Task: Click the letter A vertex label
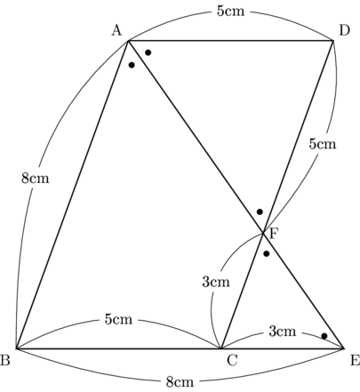[x=116, y=30]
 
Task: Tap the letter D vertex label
[x=344, y=30]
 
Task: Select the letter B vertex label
[x=5, y=360]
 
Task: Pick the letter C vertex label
[x=232, y=360]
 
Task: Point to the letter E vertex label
[x=355, y=360]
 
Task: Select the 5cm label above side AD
[x=231, y=12]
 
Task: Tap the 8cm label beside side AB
[x=36, y=179]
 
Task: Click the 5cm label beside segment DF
[x=323, y=144]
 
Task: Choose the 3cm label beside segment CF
[x=216, y=282]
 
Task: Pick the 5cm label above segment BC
[x=118, y=319]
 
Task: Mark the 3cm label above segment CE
[x=283, y=331]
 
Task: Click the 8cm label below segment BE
[x=180, y=382]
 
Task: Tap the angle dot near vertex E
[x=324, y=336]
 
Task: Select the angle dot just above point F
[x=260, y=212]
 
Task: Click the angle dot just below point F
[x=267, y=253]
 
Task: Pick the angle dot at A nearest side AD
[x=148, y=52]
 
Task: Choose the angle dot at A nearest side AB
[x=132, y=65]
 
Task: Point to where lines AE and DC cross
[x=262, y=233]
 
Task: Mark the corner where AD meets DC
[x=333, y=41]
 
